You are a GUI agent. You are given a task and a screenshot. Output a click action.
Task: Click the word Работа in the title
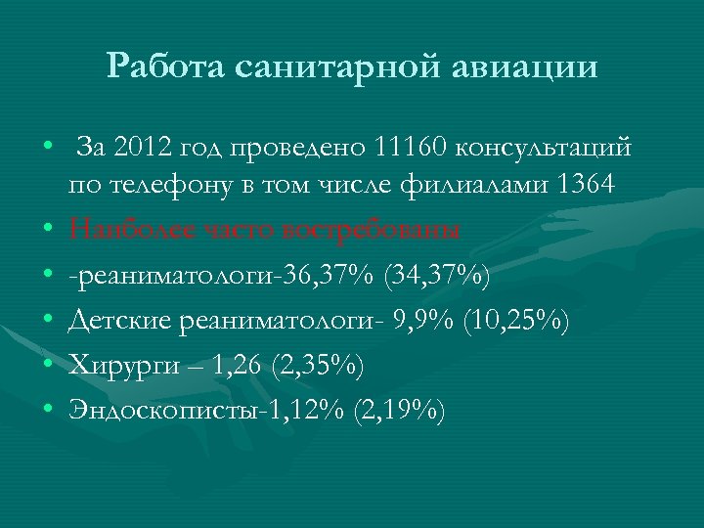tap(166, 66)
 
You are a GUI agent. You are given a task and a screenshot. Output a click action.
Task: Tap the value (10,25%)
tap(513, 322)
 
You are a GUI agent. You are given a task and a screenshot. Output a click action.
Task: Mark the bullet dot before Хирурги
tap(47, 367)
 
